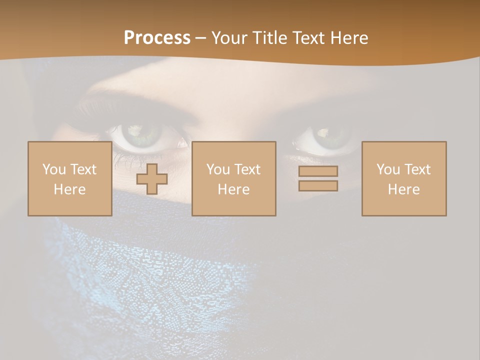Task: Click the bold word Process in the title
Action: click(157, 38)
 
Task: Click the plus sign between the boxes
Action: click(152, 178)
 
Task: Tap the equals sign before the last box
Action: click(318, 178)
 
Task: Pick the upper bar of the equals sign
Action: click(318, 171)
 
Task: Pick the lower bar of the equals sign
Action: click(318, 185)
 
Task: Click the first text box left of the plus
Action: click(70, 178)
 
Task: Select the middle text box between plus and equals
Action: click(234, 178)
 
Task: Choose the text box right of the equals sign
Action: click(404, 178)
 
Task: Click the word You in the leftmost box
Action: click(53, 169)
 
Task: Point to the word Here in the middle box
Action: click(234, 189)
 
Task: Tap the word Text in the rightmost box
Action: click(417, 169)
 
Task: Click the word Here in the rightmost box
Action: click(404, 189)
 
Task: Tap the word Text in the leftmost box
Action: click(83, 169)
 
